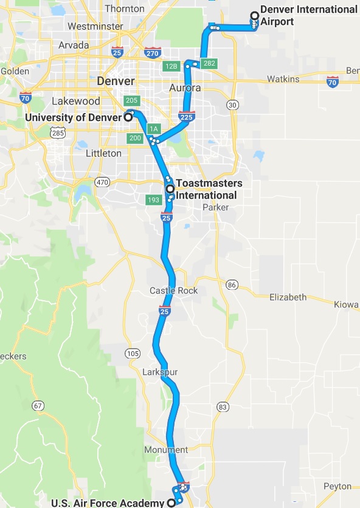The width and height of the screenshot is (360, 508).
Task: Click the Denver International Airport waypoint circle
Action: pyautogui.click(x=254, y=16)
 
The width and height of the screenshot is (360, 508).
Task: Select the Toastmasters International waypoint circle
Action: pyautogui.click(x=170, y=189)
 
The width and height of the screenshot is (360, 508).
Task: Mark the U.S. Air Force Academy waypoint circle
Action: pyautogui.click(x=171, y=503)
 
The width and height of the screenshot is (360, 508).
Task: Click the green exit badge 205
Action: pyautogui.click(x=131, y=100)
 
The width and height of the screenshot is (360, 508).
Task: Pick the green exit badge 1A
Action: pyautogui.click(x=154, y=129)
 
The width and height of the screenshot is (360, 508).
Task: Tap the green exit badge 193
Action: pyautogui.click(x=154, y=200)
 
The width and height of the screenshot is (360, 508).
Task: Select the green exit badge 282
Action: pyautogui.click(x=210, y=63)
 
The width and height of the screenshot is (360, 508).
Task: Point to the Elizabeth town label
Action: pyautogui.click(x=288, y=297)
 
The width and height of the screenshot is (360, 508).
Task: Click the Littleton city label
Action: pyautogui.click(x=103, y=153)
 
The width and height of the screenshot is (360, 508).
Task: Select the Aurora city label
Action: pyautogui.click(x=185, y=88)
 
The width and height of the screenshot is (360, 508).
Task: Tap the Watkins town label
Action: pyautogui.click(x=283, y=79)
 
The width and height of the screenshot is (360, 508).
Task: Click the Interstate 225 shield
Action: pyautogui.click(x=187, y=116)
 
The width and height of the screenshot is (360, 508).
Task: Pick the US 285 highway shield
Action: pyautogui.click(x=58, y=132)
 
